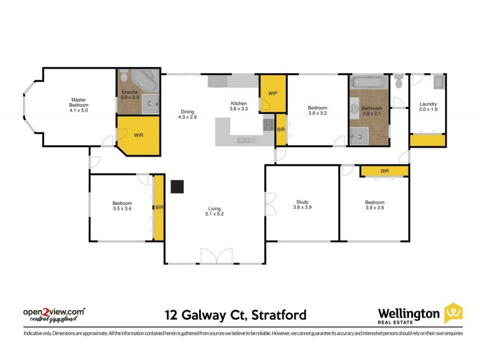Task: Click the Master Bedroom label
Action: [79, 105]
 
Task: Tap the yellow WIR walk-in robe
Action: [139, 134]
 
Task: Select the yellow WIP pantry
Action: [272, 93]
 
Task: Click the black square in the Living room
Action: [177, 187]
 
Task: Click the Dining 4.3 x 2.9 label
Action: [187, 114]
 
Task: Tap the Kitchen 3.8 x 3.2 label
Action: [238, 106]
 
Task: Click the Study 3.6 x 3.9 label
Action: [302, 205]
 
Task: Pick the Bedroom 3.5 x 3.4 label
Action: [122, 206]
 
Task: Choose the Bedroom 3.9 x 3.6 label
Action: [374, 205]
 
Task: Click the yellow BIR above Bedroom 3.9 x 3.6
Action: [385, 171]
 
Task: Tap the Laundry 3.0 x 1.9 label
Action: [428, 107]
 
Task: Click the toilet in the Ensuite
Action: [124, 77]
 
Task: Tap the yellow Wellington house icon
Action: [453, 313]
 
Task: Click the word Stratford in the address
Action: [279, 314]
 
